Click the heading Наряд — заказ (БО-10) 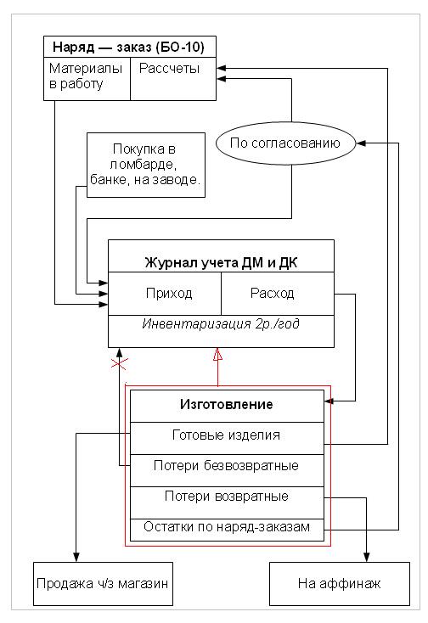(x=129, y=48)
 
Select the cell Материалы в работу (x=87, y=79)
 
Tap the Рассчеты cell (x=173, y=79)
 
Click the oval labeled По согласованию (x=285, y=143)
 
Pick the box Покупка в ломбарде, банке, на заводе (x=146, y=165)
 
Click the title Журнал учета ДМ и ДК (x=221, y=262)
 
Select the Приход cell (x=165, y=294)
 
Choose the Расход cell (x=278, y=294)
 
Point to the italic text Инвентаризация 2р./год (x=221, y=324)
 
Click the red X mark (x=119, y=363)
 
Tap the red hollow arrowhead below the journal (x=217, y=355)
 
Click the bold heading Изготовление (x=227, y=405)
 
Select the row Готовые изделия (x=227, y=438)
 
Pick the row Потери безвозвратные (x=227, y=470)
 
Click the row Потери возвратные (x=227, y=502)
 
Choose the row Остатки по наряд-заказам (x=227, y=530)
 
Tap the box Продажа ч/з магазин (x=103, y=584)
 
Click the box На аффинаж (x=340, y=584)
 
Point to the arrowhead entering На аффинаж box (x=366, y=557)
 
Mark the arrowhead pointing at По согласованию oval (x=361, y=143)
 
